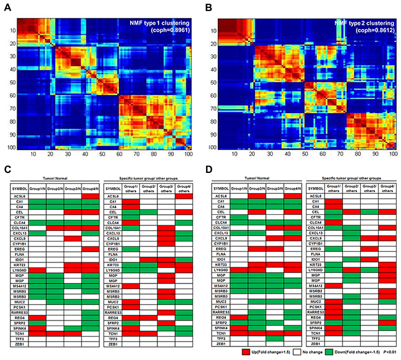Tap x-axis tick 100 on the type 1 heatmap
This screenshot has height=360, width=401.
click(186, 156)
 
